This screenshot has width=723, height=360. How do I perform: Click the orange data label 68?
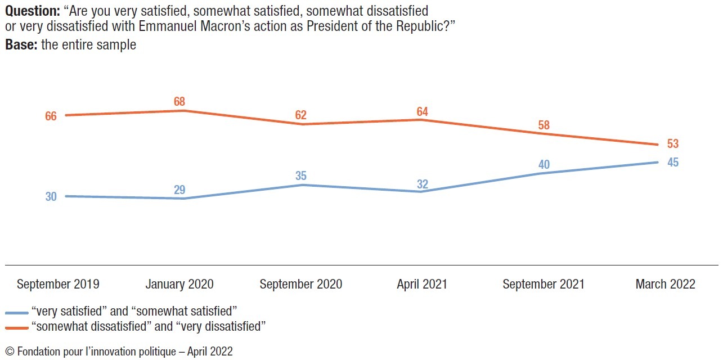[179, 102]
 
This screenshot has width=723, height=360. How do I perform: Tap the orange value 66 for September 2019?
[51, 116]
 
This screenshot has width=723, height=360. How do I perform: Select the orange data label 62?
[301, 115]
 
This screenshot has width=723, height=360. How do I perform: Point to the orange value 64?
[422, 111]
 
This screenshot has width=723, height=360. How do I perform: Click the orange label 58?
[544, 125]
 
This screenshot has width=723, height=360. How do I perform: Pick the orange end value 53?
[673, 144]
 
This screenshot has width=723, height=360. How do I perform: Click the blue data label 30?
[51, 197]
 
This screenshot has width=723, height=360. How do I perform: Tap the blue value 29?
[179, 190]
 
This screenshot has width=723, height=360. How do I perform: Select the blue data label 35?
[301, 175]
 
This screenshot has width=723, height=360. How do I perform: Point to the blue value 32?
[422, 183]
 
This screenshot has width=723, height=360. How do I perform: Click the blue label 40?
[544, 164]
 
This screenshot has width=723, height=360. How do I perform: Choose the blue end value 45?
[673, 163]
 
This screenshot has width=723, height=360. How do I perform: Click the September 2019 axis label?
[58, 285]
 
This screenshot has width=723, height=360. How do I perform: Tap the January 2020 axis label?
[179, 285]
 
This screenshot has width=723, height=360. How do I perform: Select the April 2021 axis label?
[422, 285]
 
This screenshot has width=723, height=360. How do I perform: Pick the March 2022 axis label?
[666, 285]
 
